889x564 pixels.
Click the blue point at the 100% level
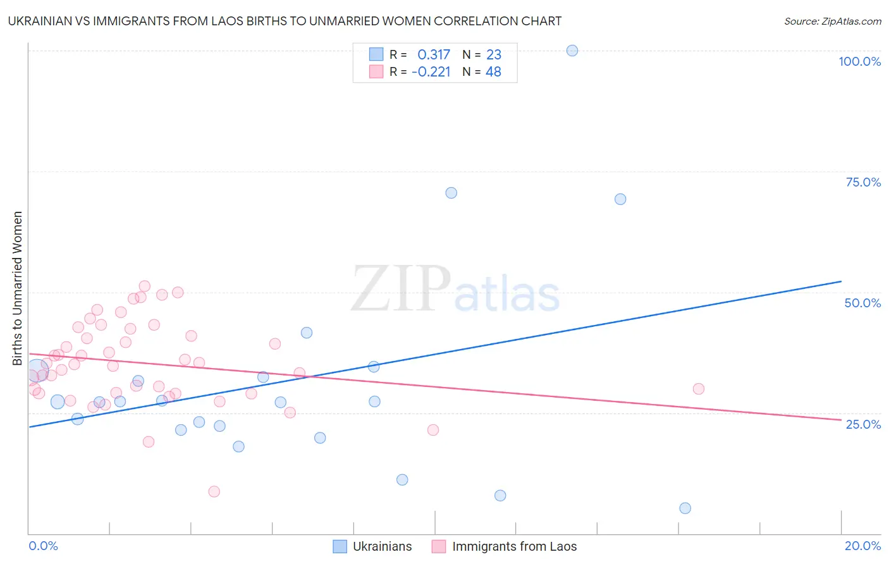click(572, 51)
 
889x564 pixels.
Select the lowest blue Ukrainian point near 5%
click(685, 508)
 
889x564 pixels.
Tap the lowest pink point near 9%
click(214, 492)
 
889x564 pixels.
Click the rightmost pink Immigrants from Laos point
click(699, 389)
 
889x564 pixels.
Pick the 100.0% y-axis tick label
click(859, 61)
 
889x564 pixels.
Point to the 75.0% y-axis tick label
click(863, 182)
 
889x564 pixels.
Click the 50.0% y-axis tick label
click(862, 303)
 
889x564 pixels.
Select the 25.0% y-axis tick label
click(863, 424)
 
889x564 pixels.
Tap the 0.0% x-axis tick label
click(43, 546)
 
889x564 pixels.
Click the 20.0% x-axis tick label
click(862, 546)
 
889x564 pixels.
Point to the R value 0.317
click(434, 55)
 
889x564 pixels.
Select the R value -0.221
click(431, 72)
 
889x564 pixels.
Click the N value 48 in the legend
click(493, 72)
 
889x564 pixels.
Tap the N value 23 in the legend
click(494, 55)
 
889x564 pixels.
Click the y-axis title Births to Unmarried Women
click(18, 288)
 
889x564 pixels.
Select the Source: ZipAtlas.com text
click(832, 21)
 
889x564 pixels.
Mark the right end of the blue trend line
click(841, 281)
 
